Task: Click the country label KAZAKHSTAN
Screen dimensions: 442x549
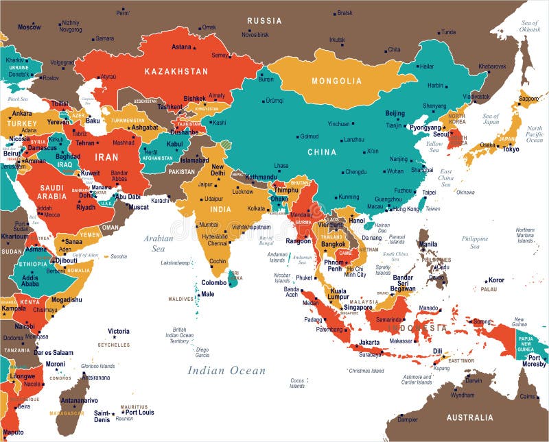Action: coord(176,71)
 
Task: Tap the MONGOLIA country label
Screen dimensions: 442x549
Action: coord(336,81)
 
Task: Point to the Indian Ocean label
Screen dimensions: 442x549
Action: coord(226,371)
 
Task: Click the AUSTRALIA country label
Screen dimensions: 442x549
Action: coord(469,417)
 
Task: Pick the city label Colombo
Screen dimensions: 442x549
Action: coord(214,282)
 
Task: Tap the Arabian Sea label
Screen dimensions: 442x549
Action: coord(158,243)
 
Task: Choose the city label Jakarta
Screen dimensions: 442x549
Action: coord(369,342)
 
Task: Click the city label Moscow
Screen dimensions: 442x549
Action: coord(29,27)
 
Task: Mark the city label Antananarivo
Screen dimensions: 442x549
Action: coord(79,401)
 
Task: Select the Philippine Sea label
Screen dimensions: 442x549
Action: coord(475,243)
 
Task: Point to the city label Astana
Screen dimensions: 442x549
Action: coord(181,47)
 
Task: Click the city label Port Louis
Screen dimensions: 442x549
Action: coord(140,412)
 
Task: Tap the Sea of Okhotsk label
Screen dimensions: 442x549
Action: coord(529,26)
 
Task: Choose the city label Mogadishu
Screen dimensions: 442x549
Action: coord(66,299)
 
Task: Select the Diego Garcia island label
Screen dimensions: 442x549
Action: coord(202,352)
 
